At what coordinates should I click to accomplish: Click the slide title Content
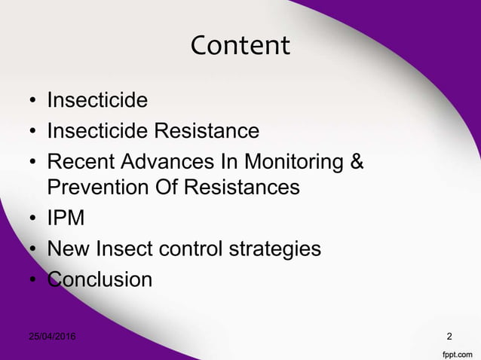pos(240,46)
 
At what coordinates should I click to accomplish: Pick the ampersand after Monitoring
pos(357,162)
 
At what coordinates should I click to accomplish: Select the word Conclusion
pos(99,279)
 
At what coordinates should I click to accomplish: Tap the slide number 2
pos(450,335)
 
